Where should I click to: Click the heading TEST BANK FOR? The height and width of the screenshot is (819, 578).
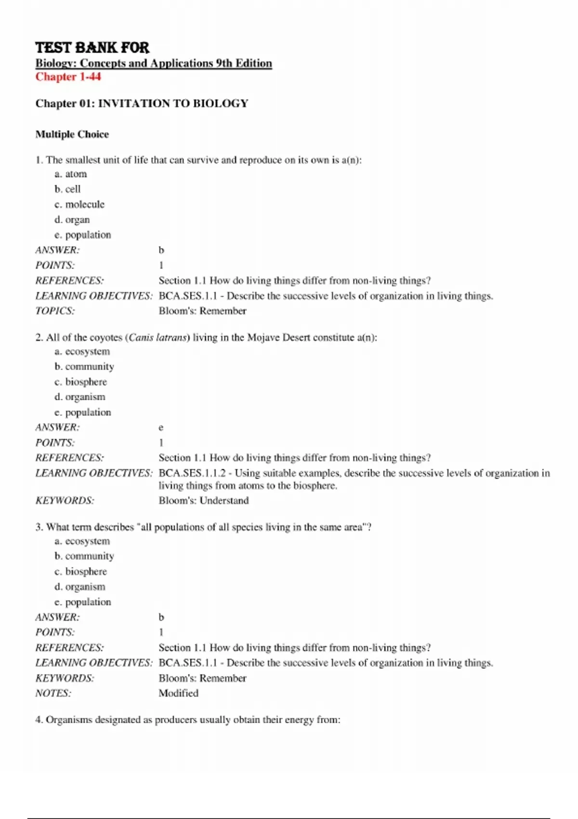92,48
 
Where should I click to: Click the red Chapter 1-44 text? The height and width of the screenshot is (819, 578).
68,77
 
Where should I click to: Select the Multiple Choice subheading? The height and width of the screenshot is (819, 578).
72,134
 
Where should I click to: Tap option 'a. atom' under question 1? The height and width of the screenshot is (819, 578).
71,174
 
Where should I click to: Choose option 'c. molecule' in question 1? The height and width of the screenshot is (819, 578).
79,204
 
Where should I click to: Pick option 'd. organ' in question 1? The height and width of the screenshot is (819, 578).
72,220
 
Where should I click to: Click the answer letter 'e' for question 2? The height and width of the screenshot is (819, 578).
161,427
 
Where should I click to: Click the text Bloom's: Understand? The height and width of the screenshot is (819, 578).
204,501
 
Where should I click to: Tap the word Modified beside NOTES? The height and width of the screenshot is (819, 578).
178,693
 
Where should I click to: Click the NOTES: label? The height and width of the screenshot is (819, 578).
53,693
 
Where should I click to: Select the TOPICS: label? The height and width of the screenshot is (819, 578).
55,311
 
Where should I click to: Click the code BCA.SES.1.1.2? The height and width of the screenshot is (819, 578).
192,473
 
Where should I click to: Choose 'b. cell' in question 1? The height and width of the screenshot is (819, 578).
67,189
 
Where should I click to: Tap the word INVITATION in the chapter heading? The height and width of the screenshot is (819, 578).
130,104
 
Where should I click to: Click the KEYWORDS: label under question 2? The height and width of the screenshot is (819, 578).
65,501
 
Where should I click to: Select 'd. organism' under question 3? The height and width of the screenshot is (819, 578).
79,587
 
